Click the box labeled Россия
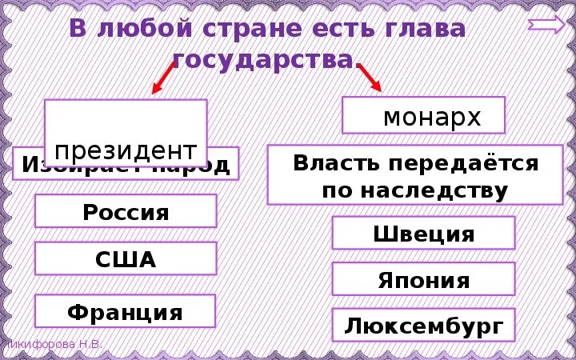coord(126,212)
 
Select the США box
coord(126,259)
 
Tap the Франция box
coord(126,311)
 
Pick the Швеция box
coord(423,234)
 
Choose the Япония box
coord(423,280)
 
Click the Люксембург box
coord(423,326)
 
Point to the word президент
coord(126,150)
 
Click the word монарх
coord(432,117)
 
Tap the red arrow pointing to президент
coord(164,78)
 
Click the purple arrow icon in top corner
coord(546,25)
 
